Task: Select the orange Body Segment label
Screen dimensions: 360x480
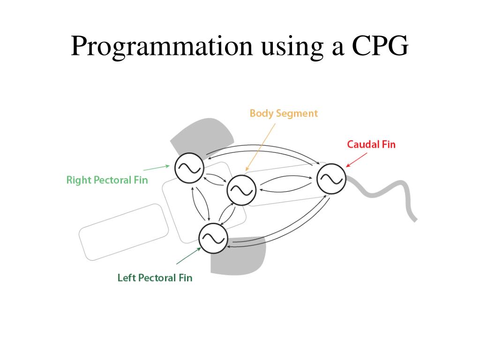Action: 284,113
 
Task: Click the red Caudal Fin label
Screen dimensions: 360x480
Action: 371,144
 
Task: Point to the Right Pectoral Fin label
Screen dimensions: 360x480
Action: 107,180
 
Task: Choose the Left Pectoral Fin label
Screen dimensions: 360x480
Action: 155,278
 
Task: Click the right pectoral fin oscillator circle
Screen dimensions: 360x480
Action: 189,167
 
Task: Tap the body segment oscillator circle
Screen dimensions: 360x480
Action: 241,190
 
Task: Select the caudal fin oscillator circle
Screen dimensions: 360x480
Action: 331,178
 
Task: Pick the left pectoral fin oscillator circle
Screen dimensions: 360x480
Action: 213,238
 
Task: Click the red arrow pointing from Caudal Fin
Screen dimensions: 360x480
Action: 356,159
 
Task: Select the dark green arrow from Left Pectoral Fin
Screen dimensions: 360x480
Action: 188,256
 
